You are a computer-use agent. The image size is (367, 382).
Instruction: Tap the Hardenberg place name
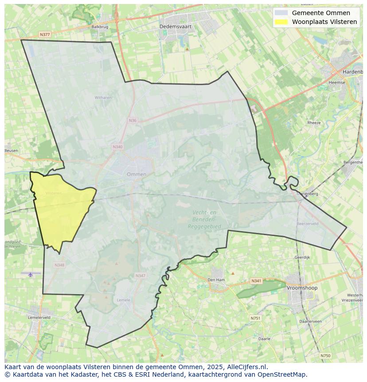point(353,72)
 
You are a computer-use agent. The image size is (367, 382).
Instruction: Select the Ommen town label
point(136,174)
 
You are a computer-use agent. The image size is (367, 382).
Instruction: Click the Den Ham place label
point(216,280)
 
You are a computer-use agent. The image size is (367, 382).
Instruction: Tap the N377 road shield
point(44,34)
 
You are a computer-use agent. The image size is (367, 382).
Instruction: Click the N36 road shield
point(132,120)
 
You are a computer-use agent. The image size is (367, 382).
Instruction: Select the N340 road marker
point(117,147)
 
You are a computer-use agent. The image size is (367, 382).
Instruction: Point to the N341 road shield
point(256,281)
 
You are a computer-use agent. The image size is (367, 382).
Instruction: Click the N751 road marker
point(255,318)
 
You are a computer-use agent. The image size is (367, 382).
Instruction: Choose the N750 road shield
point(325,355)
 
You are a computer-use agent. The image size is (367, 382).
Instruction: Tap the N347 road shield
point(140,276)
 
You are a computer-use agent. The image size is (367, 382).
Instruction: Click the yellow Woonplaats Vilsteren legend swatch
point(281,22)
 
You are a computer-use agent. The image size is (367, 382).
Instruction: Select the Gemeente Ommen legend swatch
point(281,13)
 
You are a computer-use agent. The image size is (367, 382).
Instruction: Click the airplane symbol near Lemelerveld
point(31,275)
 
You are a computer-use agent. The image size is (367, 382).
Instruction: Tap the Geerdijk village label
point(302,257)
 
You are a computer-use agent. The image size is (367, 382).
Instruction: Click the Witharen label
point(103,98)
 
